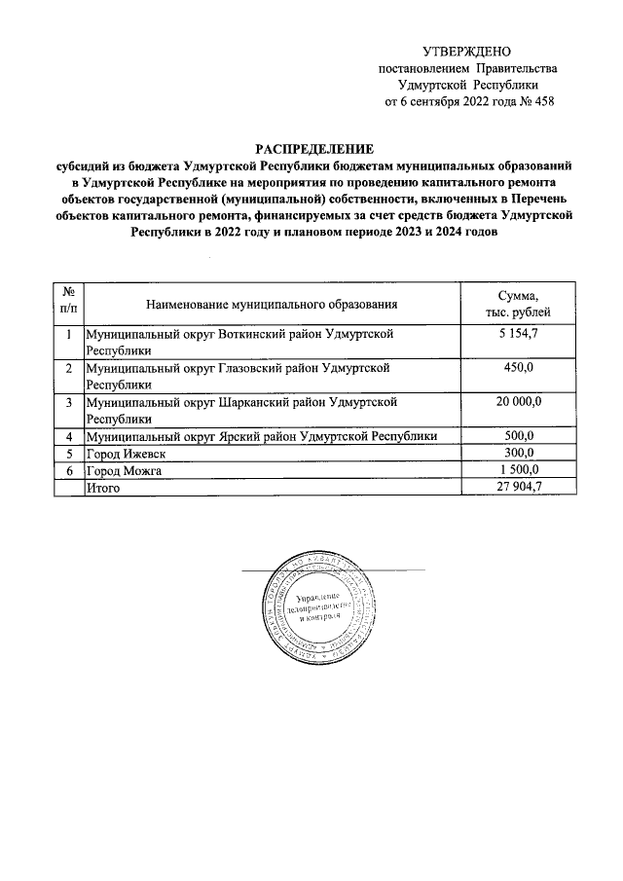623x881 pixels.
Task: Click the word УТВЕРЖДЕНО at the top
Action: [466, 51]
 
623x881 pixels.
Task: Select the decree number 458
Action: [540, 101]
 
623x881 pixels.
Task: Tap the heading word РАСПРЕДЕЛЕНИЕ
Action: [313, 148]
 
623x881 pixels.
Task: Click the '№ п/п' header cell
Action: [68, 304]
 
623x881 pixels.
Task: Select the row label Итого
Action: [103, 488]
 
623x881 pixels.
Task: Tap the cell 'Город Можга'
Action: [123, 471]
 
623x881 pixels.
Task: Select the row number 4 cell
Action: [68, 436]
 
